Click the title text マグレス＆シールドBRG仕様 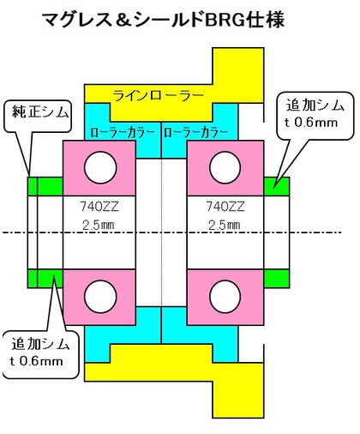(163, 21)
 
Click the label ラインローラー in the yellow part (159, 95)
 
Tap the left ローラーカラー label (123, 132)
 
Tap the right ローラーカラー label (196, 132)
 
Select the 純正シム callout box (38, 116)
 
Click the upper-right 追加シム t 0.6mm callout (315, 116)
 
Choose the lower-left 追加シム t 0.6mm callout (40, 354)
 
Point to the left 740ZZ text (99, 207)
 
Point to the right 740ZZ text (225, 207)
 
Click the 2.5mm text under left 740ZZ (99, 226)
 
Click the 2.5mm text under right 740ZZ (225, 226)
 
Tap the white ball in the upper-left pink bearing (100, 168)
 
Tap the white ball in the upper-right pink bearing (225, 168)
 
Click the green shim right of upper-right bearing (277, 186)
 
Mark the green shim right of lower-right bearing (277, 279)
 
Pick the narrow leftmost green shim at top (33, 186)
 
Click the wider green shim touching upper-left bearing (51, 186)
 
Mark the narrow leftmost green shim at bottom (33, 279)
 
